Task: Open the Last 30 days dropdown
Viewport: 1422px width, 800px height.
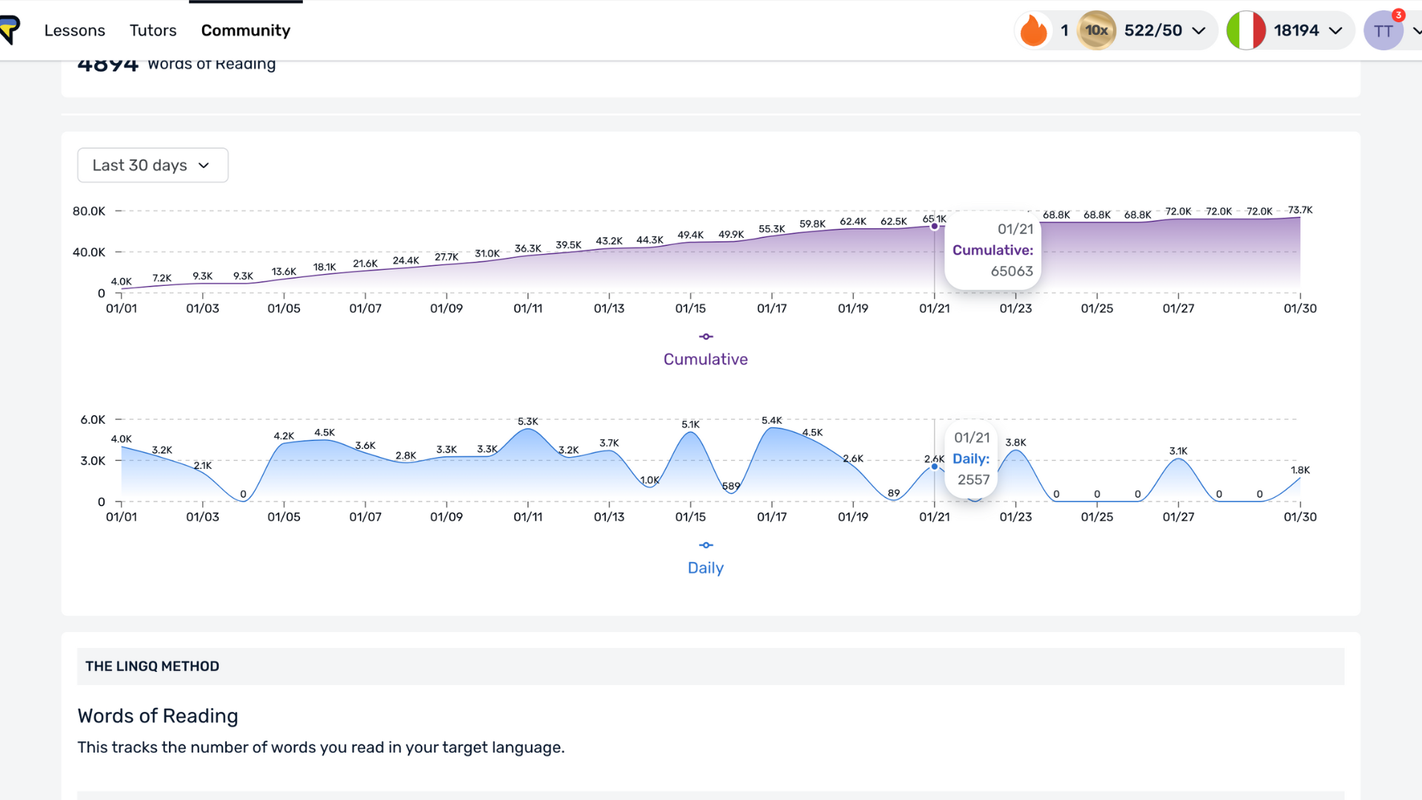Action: click(153, 165)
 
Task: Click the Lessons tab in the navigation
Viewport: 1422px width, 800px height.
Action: click(75, 30)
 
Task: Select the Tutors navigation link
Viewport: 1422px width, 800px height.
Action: click(153, 30)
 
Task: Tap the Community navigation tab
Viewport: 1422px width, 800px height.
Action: click(246, 30)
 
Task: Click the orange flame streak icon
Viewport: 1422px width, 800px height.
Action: click(1034, 30)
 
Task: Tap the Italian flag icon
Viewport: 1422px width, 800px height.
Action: click(1246, 30)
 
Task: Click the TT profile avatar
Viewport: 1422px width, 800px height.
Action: click(1383, 31)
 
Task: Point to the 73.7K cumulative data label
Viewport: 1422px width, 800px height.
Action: click(1300, 210)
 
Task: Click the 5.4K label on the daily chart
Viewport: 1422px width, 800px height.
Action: click(772, 420)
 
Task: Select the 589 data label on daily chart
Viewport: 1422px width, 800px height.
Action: click(731, 486)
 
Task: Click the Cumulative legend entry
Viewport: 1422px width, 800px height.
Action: click(705, 359)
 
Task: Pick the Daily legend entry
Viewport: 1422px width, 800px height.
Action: click(705, 567)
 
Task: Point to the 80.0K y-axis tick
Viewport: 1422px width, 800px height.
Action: click(89, 211)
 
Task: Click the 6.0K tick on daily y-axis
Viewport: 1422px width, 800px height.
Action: click(93, 419)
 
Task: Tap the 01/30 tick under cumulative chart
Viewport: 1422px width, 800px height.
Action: click(1300, 308)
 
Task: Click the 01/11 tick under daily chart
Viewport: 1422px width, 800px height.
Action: click(528, 517)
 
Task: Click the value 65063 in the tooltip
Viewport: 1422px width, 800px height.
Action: click(1012, 271)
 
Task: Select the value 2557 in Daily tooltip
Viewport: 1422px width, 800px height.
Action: click(973, 479)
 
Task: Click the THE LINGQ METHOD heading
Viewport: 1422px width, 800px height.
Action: click(153, 666)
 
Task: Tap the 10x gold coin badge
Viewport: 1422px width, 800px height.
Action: click(1096, 30)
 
